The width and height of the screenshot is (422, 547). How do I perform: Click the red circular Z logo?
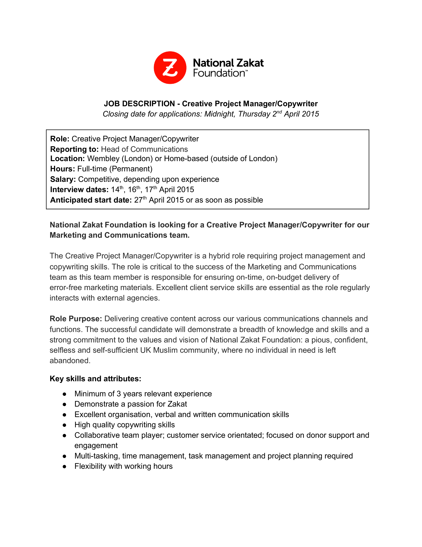click(170, 68)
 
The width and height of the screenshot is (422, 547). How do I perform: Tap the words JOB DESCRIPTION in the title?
click(139, 104)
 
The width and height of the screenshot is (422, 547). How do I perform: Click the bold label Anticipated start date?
click(91, 200)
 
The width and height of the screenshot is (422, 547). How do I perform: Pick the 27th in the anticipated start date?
click(140, 200)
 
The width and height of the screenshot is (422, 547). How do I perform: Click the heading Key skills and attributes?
click(95, 379)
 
